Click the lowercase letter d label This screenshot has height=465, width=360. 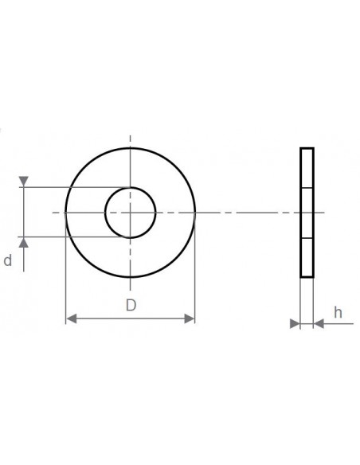[x=8, y=260]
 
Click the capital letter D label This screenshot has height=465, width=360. [x=131, y=304]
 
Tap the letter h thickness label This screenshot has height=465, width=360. [x=338, y=313]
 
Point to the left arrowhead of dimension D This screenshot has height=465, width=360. [x=70, y=318]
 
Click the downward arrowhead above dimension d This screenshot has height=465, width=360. [x=25, y=182]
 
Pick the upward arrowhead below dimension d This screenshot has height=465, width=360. [x=25, y=242]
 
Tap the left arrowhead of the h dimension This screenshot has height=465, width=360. [x=295, y=323]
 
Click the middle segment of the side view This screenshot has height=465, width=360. [x=307, y=213]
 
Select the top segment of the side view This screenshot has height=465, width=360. [x=307, y=167]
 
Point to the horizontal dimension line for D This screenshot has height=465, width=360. [x=130, y=318]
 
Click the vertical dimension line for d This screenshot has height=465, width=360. [x=25, y=212]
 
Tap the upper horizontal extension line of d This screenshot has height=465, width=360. [x=72, y=188]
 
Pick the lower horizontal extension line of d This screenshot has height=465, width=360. [x=72, y=236]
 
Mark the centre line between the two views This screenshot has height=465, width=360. [x=247, y=213]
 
